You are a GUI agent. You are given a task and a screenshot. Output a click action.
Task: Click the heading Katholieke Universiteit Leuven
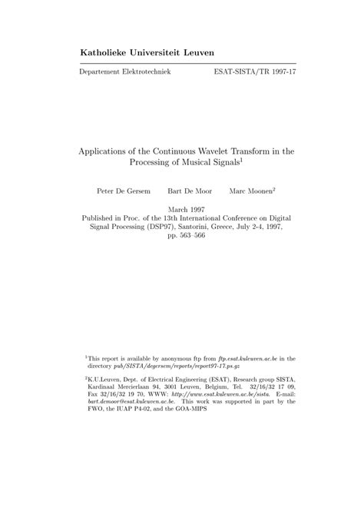pos(147,52)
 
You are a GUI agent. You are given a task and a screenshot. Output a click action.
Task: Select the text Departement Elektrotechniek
pos(125,71)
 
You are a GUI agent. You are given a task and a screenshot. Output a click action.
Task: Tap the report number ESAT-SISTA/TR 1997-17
pos(253,71)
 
